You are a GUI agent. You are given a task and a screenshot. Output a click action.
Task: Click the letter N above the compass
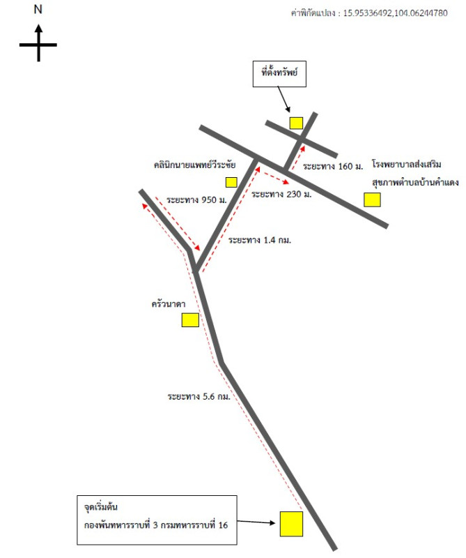point(38,10)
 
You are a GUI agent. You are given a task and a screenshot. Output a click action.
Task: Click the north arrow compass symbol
point(38,43)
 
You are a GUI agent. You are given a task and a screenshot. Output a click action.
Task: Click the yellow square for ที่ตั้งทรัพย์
point(296,123)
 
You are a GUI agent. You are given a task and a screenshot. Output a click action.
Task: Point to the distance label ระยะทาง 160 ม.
point(334,166)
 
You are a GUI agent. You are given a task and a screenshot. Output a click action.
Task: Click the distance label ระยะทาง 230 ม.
point(281,194)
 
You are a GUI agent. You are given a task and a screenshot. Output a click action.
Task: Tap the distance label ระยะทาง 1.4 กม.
point(259,240)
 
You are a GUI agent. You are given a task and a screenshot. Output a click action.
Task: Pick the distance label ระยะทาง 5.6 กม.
point(199,396)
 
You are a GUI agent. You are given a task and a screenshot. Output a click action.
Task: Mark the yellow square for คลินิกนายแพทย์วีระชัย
point(231,182)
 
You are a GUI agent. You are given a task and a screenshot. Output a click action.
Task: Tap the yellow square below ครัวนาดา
point(189,320)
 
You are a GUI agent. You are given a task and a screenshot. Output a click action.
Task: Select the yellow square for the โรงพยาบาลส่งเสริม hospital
point(372,200)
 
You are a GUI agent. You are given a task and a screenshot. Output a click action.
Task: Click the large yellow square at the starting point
point(291,524)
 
